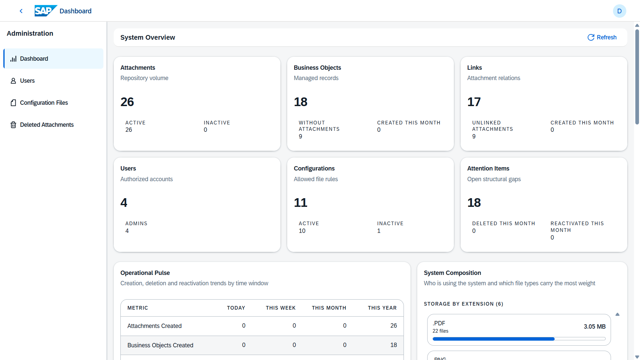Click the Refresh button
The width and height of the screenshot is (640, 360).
[x=602, y=37]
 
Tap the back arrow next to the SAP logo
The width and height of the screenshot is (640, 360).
[x=21, y=11]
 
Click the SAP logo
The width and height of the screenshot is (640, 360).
[x=46, y=11]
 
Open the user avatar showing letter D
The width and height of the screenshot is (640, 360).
[x=619, y=11]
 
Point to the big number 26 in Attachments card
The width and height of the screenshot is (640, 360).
[x=127, y=102]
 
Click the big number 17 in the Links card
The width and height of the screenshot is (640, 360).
[x=474, y=102]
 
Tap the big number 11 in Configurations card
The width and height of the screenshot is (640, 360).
[x=300, y=203]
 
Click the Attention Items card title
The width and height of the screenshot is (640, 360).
[x=488, y=168]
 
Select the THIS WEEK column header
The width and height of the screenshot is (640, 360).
[x=281, y=308]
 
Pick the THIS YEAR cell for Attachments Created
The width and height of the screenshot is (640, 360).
[x=394, y=326]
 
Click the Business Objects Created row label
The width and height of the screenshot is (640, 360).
[x=160, y=345]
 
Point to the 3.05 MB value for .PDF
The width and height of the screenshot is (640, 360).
[x=595, y=327]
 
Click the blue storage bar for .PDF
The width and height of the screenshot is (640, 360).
[x=494, y=339]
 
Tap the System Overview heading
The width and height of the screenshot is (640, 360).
[x=148, y=37]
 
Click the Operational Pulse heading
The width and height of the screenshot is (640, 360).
[x=145, y=273]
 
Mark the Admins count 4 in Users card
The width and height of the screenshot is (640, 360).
[x=127, y=231]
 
